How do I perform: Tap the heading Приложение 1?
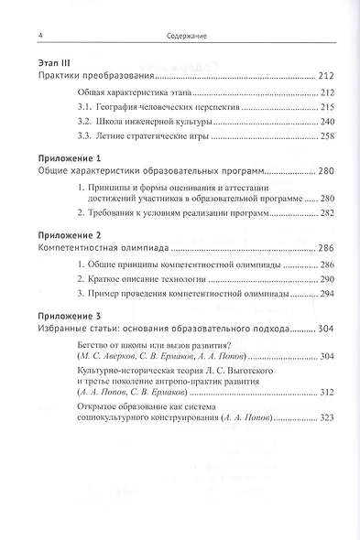[61, 158]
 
